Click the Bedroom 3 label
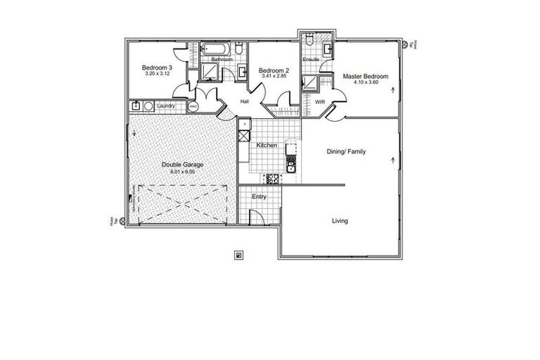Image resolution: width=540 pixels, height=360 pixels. pos(158,67)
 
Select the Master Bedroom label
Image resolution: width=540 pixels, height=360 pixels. pos(366,75)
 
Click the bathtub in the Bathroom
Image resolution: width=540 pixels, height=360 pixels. pos(213,49)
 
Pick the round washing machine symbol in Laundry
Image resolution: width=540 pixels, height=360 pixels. pos(148,106)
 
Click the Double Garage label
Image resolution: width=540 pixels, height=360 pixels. pos(182,165)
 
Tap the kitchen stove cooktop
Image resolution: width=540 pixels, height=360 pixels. pos(271,179)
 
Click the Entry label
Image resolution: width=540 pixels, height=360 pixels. pos(259,197)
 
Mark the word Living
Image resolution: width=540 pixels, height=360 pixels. pos(340,221)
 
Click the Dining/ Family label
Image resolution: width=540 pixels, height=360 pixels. pos(346,151)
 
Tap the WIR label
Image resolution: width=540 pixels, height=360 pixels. pos(320,102)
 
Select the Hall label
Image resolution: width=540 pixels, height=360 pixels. pos(245,102)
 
